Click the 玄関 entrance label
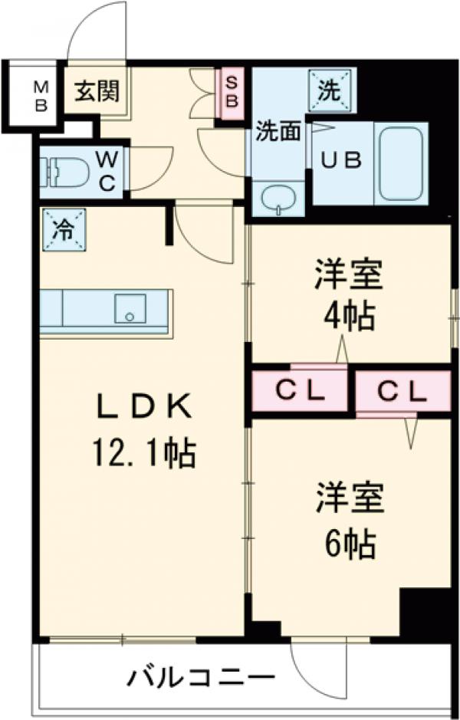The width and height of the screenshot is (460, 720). [96, 91]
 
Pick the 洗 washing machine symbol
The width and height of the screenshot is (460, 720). [329, 91]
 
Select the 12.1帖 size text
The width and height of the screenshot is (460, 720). [143, 455]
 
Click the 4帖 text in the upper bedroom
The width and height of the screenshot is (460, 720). [347, 314]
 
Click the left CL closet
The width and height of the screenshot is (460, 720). [299, 392]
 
